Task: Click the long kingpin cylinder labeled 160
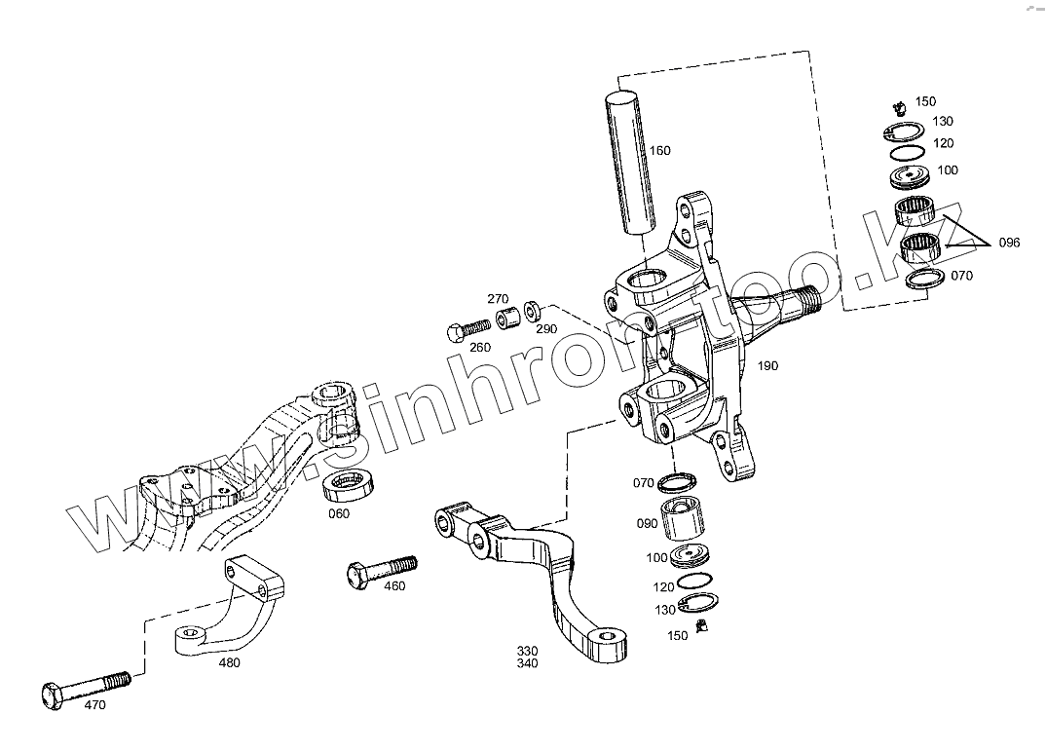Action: click(629, 163)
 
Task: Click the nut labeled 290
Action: click(533, 311)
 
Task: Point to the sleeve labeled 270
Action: click(506, 319)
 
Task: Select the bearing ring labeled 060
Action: click(350, 483)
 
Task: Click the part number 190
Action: click(767, 366)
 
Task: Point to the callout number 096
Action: click(1008, 243)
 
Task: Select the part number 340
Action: click(527, 664)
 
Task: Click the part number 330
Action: click(527, 651)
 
